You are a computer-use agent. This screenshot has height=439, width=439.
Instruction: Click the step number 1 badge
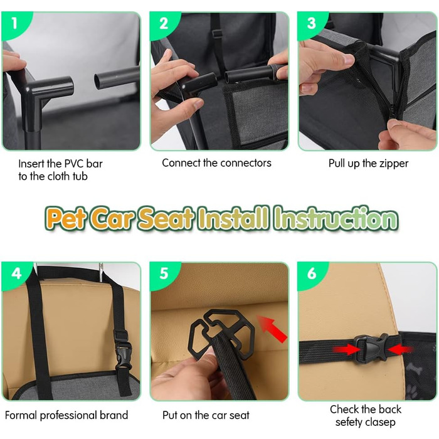14,24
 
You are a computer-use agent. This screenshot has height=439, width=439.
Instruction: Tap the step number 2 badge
164,24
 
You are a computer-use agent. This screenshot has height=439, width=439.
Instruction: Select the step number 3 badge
311,24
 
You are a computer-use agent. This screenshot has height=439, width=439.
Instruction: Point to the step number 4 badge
16,273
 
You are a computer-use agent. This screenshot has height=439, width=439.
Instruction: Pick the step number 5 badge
164,273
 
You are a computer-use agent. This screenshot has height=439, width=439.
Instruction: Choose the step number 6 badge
311,273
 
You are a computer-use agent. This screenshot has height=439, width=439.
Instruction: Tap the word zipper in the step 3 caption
394,164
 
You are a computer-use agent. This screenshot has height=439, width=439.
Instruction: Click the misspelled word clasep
381,422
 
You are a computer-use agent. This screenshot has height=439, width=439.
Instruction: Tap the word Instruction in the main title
336,218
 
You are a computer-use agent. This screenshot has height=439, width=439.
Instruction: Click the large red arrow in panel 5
272,329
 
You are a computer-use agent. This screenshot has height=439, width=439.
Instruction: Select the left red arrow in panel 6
346,349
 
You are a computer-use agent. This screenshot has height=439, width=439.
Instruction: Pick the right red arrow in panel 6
400,349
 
